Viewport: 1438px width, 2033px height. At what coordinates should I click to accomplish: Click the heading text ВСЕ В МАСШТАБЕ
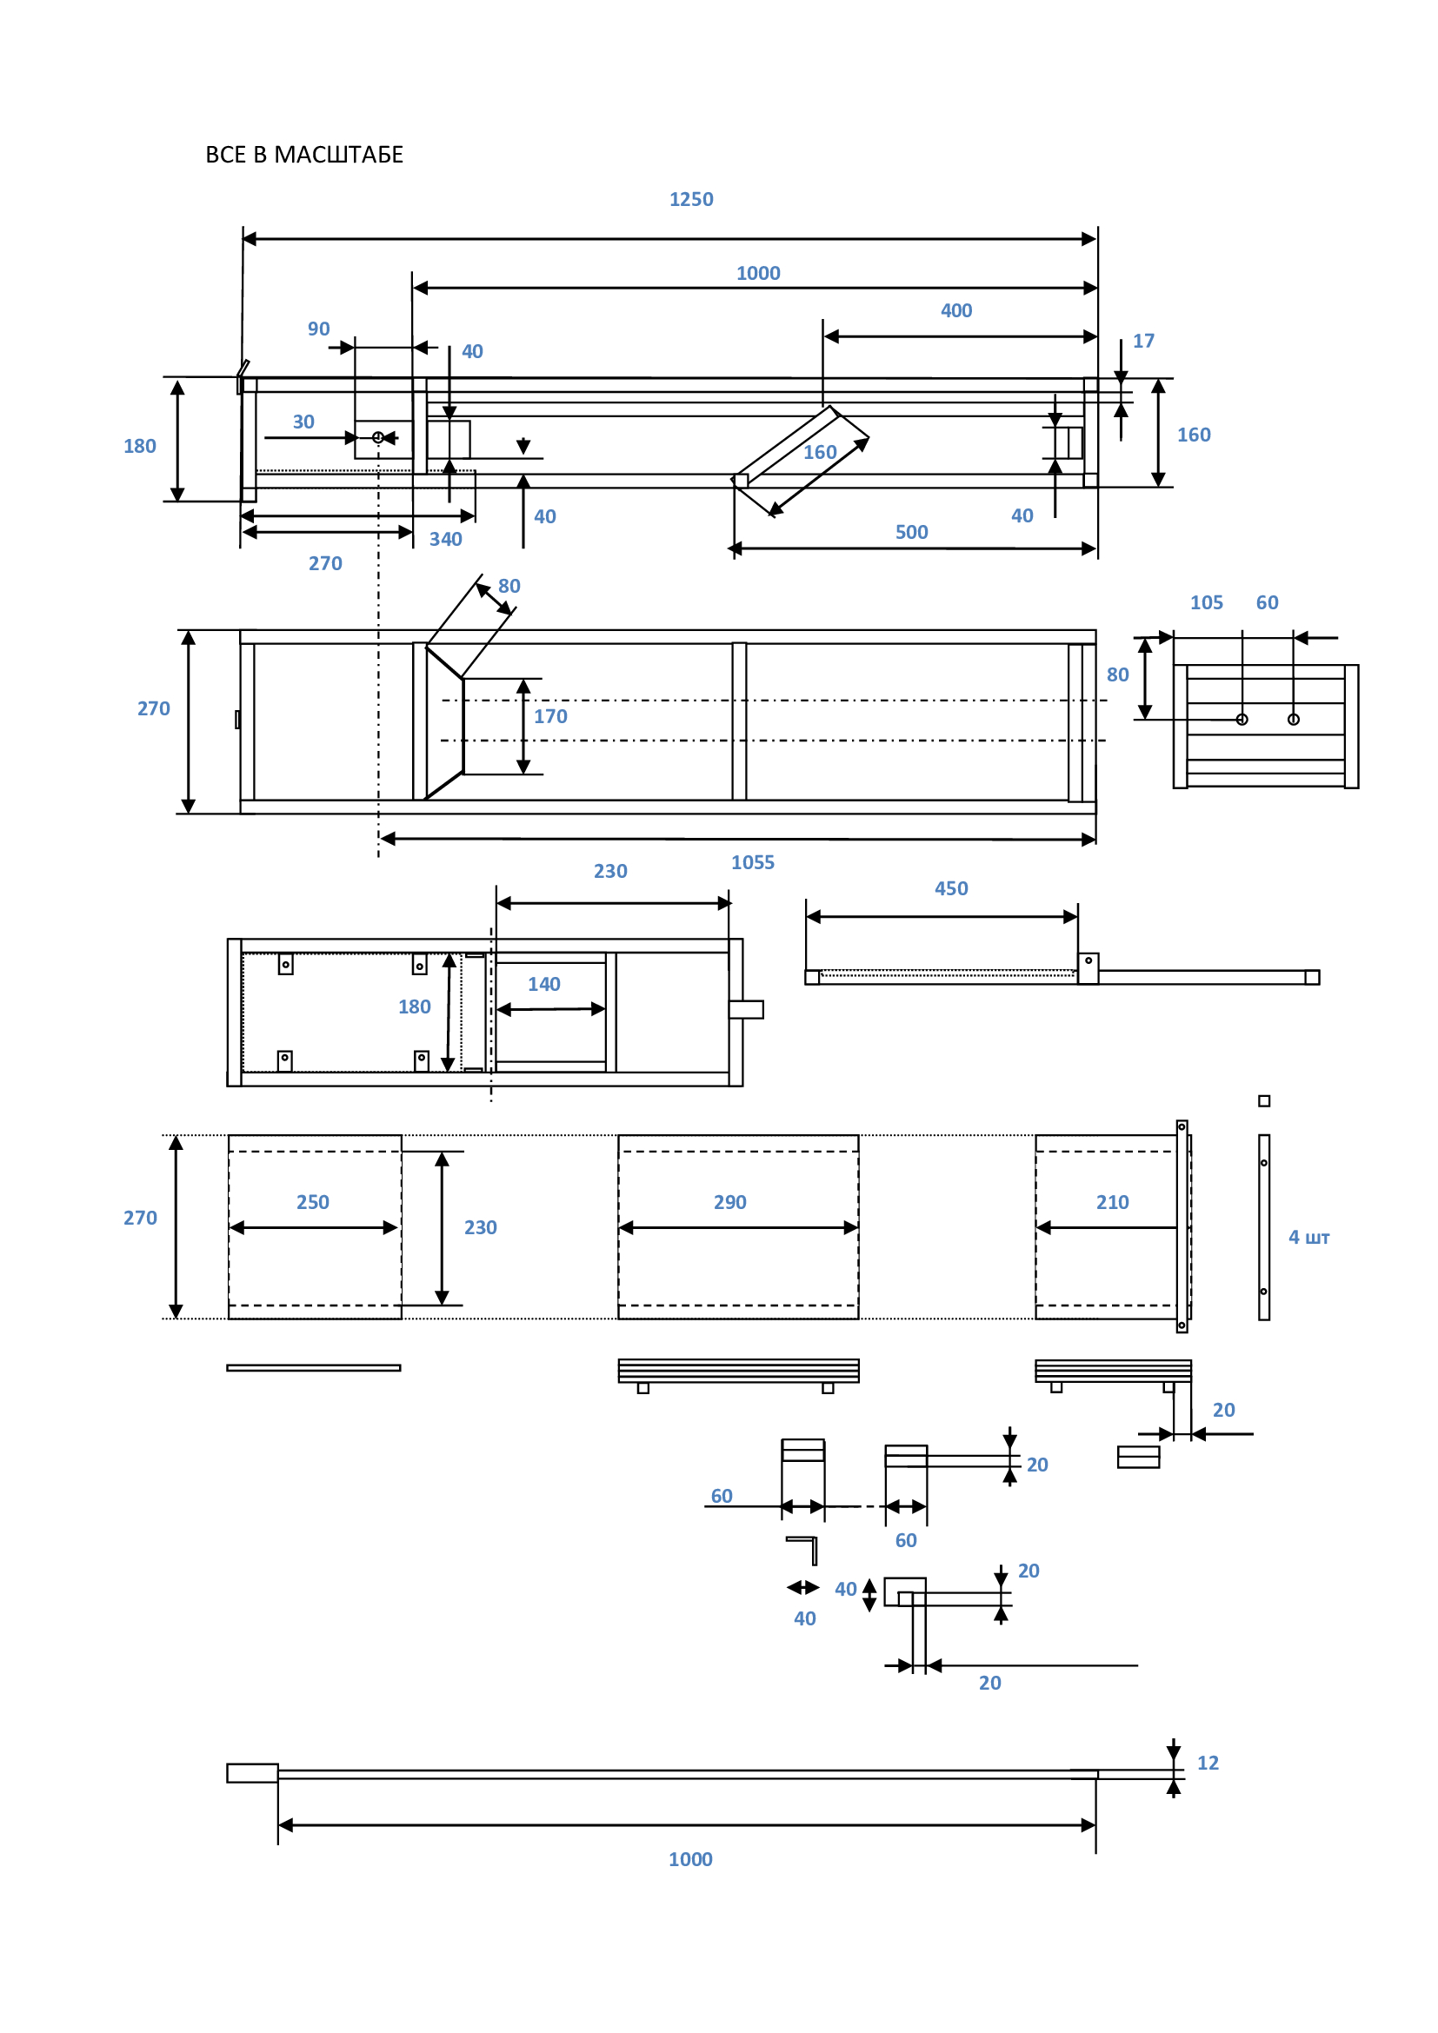303,155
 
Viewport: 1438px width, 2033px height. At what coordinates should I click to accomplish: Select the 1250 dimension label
690,199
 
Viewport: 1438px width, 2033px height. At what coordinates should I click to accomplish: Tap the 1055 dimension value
752,862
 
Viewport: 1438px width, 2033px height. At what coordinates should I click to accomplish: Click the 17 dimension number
1143,341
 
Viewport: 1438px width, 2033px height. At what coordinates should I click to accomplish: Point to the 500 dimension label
911,532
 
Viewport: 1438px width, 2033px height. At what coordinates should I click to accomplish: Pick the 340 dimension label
445,539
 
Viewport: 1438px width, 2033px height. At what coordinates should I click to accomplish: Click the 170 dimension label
549,716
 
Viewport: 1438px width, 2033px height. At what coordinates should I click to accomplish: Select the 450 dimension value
951,888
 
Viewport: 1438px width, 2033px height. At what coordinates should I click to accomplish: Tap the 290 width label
729,1201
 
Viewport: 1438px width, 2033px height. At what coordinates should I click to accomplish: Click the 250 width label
313,1201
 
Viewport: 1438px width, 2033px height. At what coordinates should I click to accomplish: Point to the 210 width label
1112,1201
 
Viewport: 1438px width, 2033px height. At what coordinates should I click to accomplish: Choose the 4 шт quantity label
1308,1237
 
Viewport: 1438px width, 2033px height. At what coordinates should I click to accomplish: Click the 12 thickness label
1208,1763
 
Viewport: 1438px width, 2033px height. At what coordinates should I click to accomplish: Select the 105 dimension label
1206,602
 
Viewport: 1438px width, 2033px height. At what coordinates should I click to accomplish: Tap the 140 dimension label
543,984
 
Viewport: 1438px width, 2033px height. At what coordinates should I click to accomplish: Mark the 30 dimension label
303,422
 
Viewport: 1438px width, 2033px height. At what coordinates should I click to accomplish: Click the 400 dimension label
956,310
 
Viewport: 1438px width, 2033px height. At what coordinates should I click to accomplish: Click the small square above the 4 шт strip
1264,1100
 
